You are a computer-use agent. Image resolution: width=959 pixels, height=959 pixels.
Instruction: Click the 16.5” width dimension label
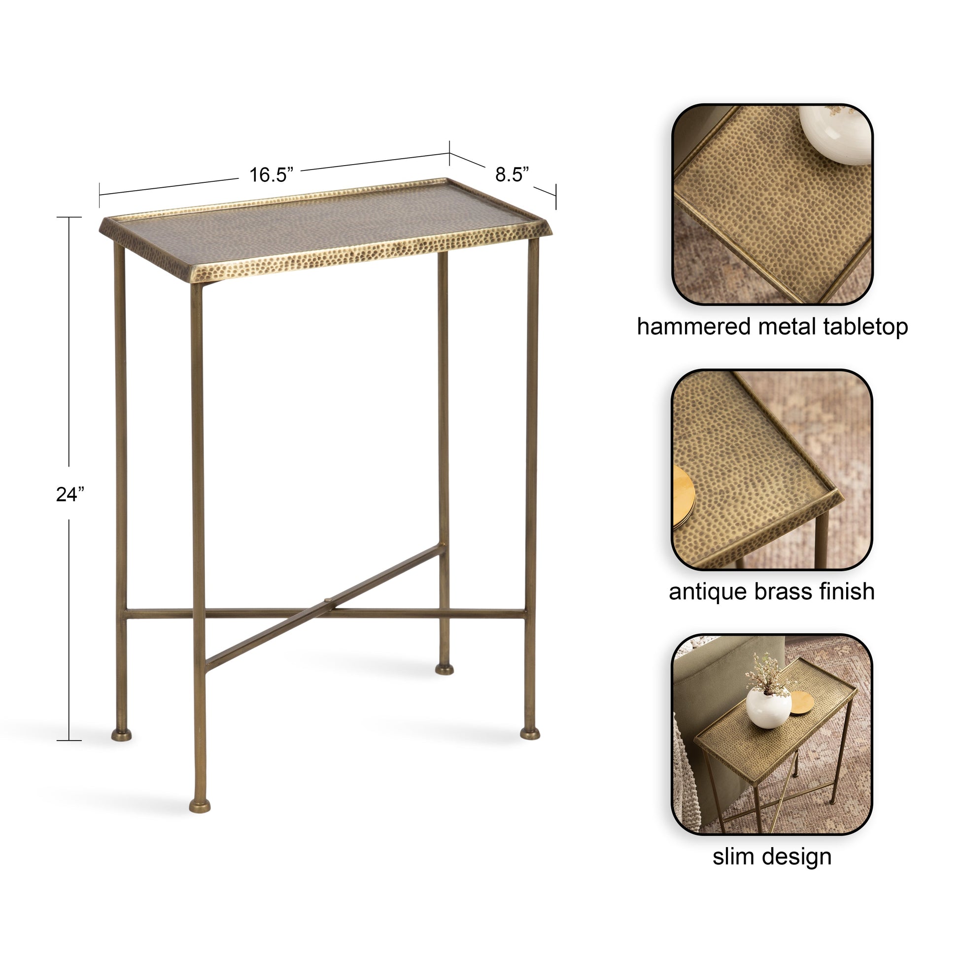pos(271,175)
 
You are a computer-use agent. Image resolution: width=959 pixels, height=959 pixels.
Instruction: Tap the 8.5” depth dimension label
pos(512,174)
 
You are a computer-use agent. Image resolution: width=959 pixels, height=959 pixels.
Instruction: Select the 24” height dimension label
pos(70,494)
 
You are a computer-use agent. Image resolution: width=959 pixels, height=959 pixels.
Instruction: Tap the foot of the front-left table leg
pos(200,805)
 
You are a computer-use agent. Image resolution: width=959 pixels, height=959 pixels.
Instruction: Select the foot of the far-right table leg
pos(530,733)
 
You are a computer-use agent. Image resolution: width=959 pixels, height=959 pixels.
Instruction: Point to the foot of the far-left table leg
pos(122,734)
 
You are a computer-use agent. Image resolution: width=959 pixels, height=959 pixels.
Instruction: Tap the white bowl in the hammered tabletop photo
pos(836,135)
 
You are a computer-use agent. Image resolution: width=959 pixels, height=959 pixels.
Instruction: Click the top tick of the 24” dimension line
pos(69,217)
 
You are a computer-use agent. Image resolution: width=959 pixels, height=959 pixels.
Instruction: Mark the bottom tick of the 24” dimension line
pos(69,741)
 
